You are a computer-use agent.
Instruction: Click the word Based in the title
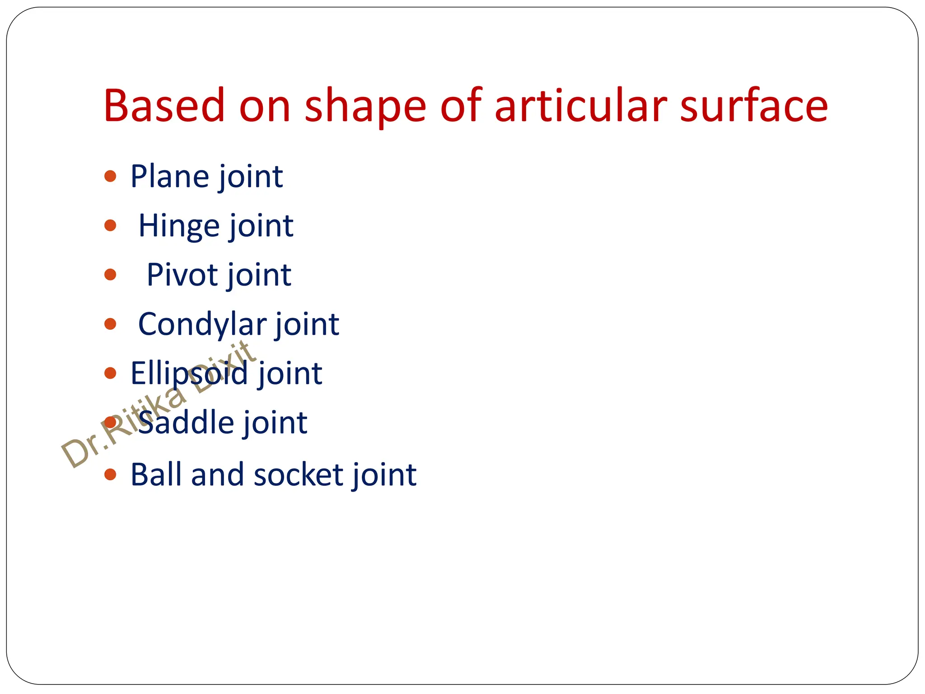point(164,106)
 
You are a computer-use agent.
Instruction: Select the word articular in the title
point(580,106)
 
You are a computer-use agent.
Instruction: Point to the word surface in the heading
point(754,106)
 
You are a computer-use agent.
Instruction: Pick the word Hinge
point(179,226)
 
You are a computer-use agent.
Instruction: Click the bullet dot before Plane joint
point(110,176)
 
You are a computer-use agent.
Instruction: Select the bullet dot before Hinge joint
point(110,225)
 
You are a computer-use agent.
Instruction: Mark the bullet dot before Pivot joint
point(110,274)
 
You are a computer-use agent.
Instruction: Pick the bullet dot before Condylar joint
point(110,324)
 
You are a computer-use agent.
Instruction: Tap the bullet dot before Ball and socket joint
point(110,474)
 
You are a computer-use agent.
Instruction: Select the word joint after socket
point(384,476)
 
